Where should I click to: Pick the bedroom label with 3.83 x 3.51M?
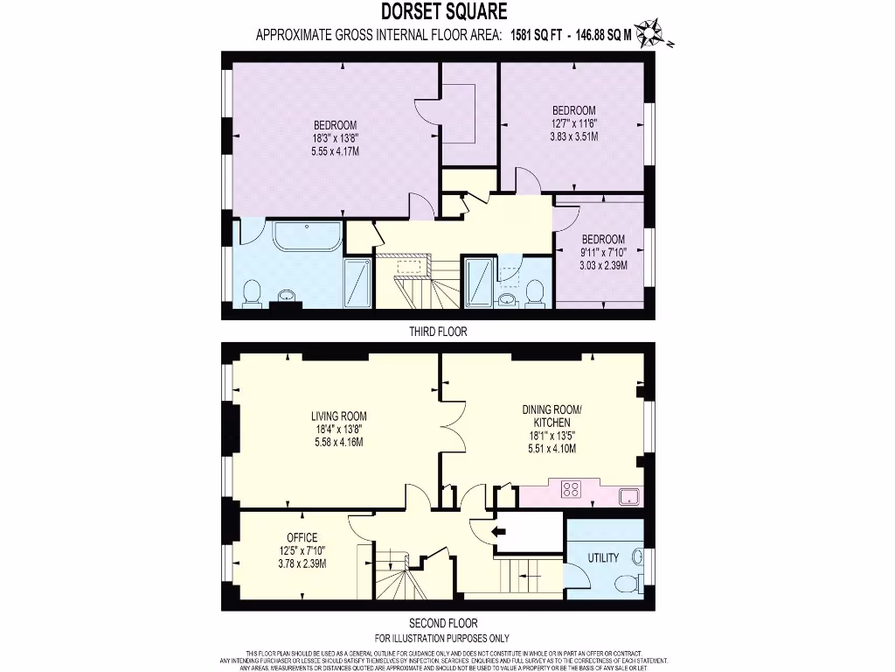573,123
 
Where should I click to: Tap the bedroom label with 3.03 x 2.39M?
604,252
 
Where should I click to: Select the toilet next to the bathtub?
252,292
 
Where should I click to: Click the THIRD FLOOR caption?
438,332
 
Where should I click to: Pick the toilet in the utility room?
627,583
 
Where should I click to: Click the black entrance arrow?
500,530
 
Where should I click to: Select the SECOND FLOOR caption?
442,624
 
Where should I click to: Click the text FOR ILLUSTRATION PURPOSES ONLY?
442,638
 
